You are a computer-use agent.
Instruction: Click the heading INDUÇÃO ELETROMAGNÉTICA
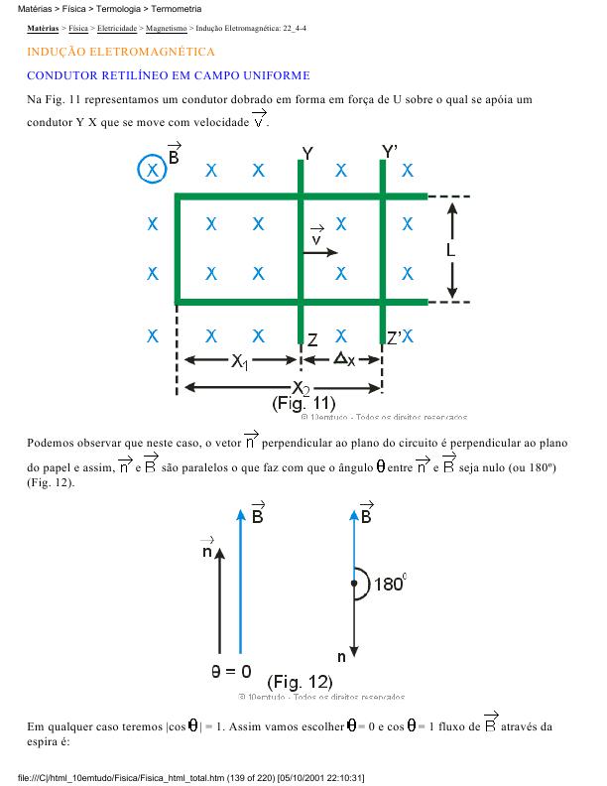coord(121,51)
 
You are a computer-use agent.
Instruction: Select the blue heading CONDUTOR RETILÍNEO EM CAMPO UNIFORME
coord(169,75)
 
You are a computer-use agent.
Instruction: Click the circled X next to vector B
coord(152,171)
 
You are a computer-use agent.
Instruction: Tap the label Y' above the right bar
coord(390,151)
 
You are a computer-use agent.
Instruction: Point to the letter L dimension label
coord(451,251)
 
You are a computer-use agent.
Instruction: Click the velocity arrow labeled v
coord(319,251)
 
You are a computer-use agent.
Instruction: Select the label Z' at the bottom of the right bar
coord(394,339)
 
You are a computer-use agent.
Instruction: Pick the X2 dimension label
coord(301,387)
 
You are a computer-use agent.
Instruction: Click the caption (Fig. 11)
coord(303,404)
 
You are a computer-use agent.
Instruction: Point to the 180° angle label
coord(388,585)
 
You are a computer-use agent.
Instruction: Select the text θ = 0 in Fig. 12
coord(231,671)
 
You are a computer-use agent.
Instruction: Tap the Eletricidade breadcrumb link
coord(117,30)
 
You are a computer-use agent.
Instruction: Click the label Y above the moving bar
coord(307,153)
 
